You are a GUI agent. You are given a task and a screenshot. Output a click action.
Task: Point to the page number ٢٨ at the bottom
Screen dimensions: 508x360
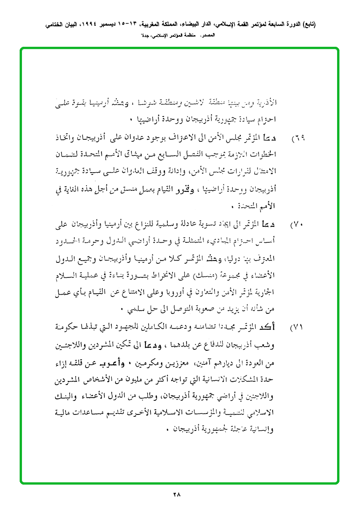176,494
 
